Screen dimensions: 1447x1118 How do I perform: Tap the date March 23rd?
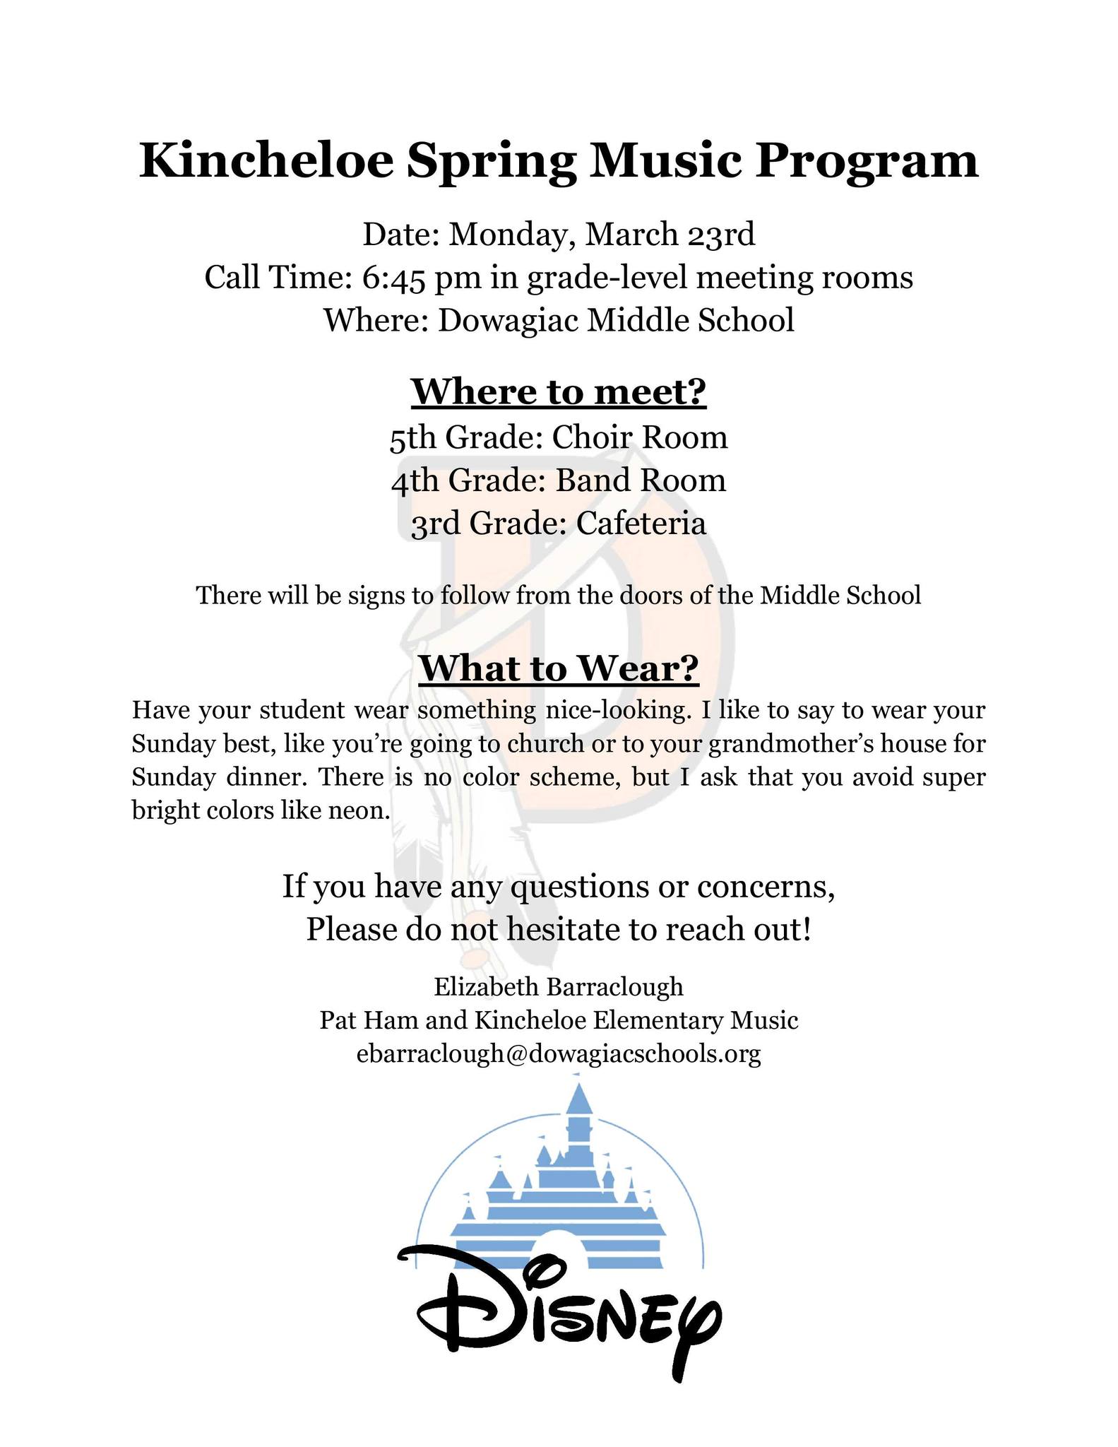click(x=669, y=235)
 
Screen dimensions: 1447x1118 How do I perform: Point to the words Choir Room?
click(x=640, y=437)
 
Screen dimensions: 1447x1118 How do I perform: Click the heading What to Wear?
click(x=559, y=668)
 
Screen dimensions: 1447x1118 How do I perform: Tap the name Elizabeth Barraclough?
click(x=559, y=986)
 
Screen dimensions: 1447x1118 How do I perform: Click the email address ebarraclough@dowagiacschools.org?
click(x=559, y=1054)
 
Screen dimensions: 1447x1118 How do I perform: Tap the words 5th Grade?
click(x=464, y=437)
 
